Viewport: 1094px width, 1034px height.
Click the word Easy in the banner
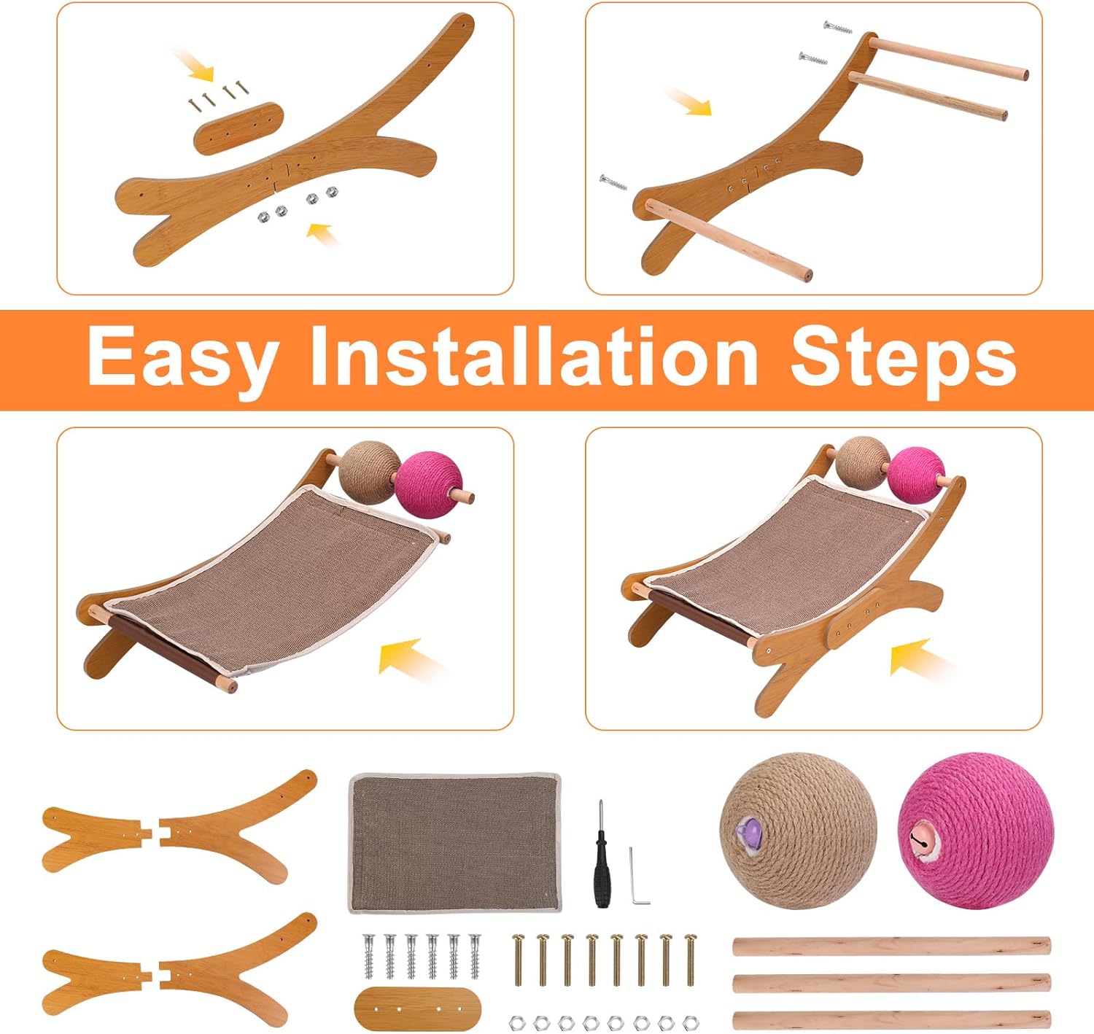181,357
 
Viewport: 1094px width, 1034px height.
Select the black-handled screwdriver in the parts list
600,854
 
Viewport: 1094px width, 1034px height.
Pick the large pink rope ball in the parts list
975,831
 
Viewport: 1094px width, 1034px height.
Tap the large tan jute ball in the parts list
798,831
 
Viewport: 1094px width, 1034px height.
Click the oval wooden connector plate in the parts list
417,1008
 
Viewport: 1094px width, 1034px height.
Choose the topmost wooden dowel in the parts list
891,946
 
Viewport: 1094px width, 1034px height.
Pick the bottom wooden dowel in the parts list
891,1019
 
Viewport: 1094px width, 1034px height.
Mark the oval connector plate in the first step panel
238,128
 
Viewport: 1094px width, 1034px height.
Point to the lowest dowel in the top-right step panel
728,241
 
